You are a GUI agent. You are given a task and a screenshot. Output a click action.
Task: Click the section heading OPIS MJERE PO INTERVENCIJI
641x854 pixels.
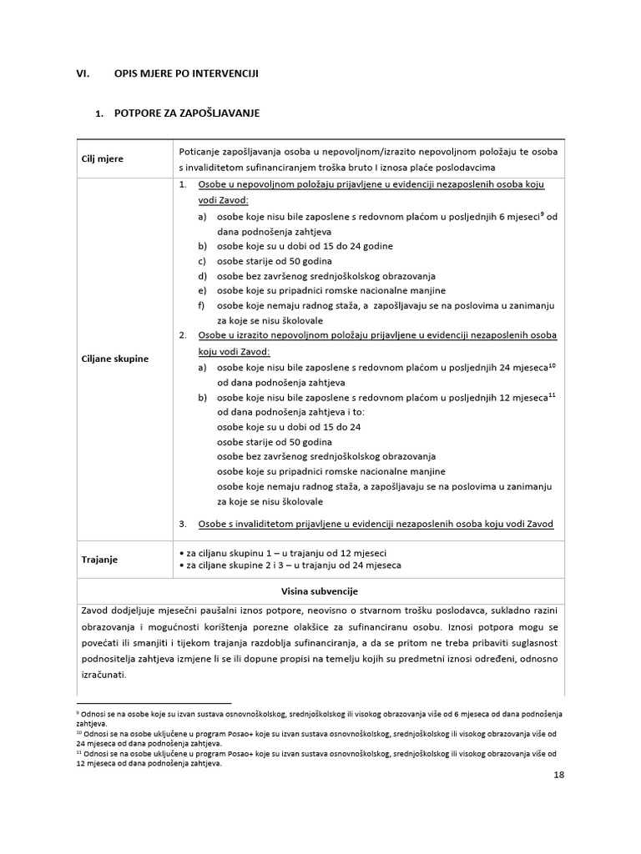pos(186,73)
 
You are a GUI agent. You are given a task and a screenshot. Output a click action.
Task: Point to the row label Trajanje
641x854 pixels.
pos(100,559)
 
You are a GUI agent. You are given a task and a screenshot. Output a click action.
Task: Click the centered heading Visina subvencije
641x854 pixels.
pos(320,591)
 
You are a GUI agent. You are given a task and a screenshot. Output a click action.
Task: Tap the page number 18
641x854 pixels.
pos(558,775)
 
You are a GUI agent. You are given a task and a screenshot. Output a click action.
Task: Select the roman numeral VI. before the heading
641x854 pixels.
pos(83,73)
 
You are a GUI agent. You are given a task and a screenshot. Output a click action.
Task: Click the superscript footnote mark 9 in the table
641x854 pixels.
pos(542,213)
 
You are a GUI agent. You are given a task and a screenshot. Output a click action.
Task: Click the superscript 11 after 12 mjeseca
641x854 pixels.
pos(551,394)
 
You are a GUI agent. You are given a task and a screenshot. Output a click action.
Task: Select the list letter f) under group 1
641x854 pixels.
pos(202,305)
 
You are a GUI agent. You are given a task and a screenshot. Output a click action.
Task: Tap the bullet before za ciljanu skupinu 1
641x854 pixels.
pos(182,554)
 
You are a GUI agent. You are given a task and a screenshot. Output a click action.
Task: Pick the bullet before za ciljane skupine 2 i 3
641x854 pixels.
pos(182,565)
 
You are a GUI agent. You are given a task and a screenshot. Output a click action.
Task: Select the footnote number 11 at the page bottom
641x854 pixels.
pos(78,752)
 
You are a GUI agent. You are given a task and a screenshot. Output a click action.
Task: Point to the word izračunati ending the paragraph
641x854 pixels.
pos(103,675)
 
